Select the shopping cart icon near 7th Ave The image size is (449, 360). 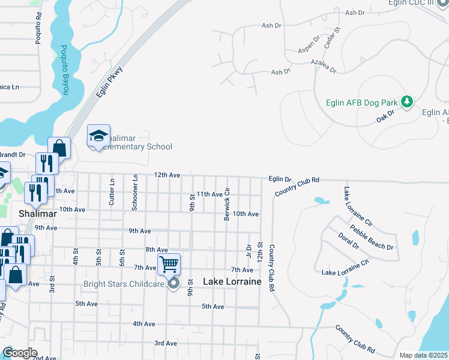[x=169, y=263]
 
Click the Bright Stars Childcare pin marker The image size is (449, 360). [x=174, y=283]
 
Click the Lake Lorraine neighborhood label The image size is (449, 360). [x=232, y=281]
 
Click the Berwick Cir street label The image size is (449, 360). [x=228, y=205]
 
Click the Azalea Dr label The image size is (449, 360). [x=325, y=65]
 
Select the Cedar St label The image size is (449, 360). [x=332, y=38]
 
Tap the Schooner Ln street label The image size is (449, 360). [x=135, y=193]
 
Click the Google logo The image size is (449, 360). [x=20, y=353]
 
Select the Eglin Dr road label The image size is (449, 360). [x=280, y=179]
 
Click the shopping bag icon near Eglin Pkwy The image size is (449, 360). [x=59, y=148]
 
